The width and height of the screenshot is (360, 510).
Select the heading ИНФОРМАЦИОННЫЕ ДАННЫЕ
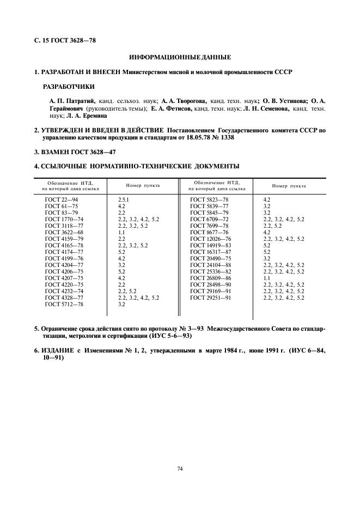pyautogui.click(x=180, y=57)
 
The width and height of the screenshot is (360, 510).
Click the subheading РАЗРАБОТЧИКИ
pyautogui.click(x=68, y=86)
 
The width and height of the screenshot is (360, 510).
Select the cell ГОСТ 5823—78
pyautogui.click(x=209, y=200)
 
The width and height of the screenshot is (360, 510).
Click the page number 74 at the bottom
pyautogui.click(x=180, y=468)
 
